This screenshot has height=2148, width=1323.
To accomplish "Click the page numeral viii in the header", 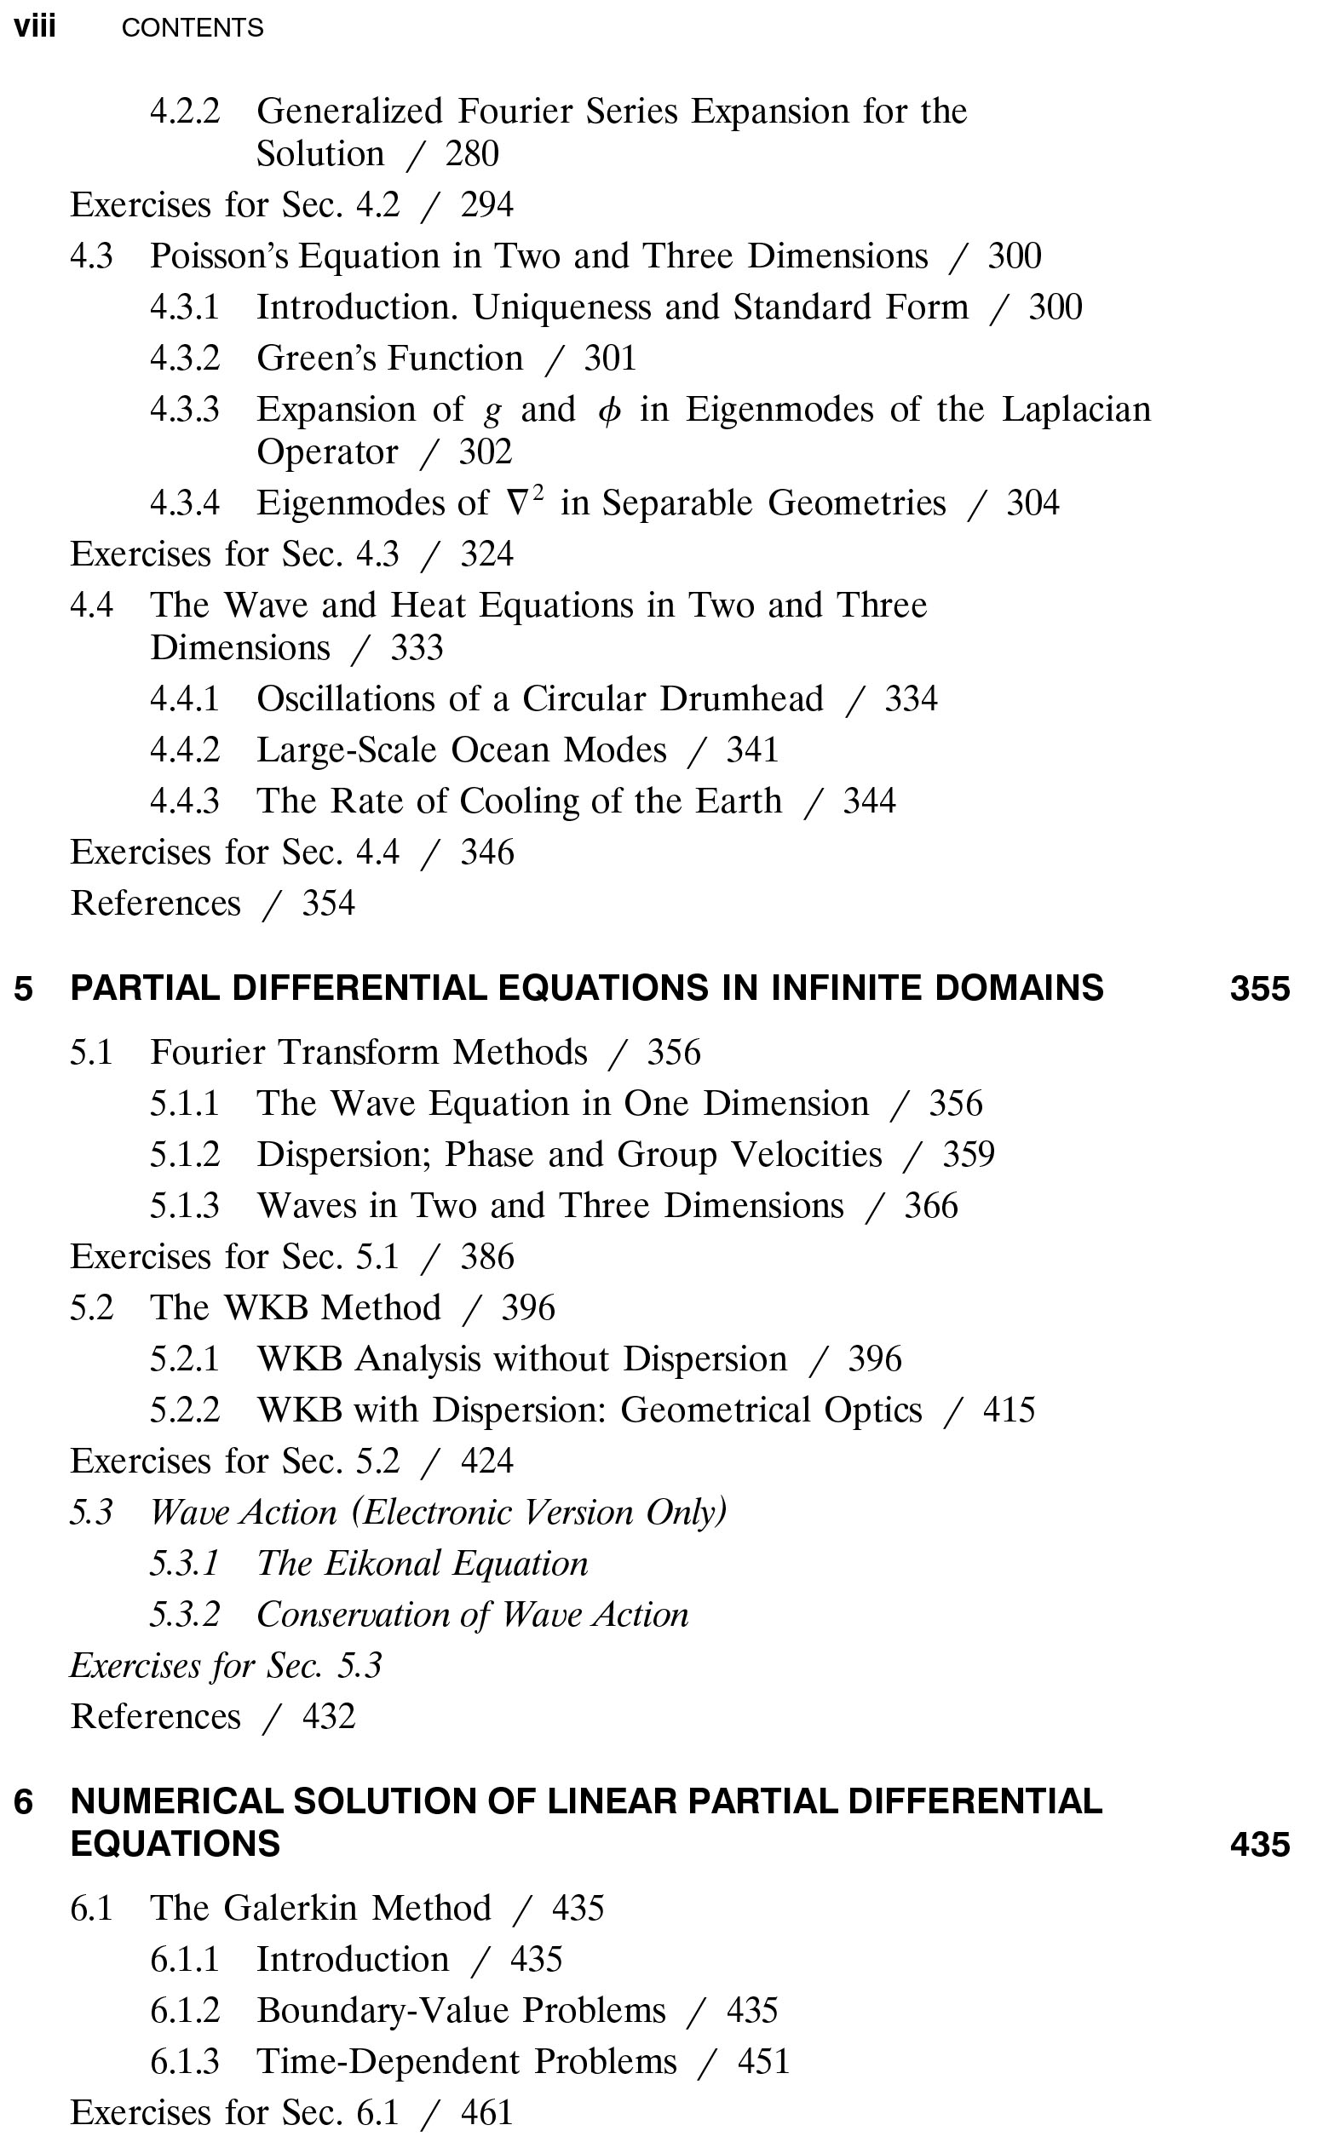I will point(34,27).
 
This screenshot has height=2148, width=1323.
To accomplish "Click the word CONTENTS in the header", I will point(193,28).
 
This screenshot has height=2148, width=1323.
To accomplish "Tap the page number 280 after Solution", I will point(472,154).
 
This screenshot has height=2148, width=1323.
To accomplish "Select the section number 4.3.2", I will point(185,359).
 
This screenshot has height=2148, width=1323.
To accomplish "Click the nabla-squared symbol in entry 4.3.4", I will point(526,502).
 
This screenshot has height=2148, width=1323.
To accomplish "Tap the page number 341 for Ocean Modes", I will point(751,750).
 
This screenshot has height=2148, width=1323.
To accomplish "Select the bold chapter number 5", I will point(24,988).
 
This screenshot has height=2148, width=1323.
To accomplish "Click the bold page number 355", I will point(1259,988).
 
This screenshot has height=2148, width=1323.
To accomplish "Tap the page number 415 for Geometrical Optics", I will point(1009,1410).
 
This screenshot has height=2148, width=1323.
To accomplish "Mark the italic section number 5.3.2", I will point(185,1615).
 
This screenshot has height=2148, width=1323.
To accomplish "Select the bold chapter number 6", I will point(24,1801).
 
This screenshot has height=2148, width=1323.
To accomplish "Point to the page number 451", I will point(763,2061).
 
